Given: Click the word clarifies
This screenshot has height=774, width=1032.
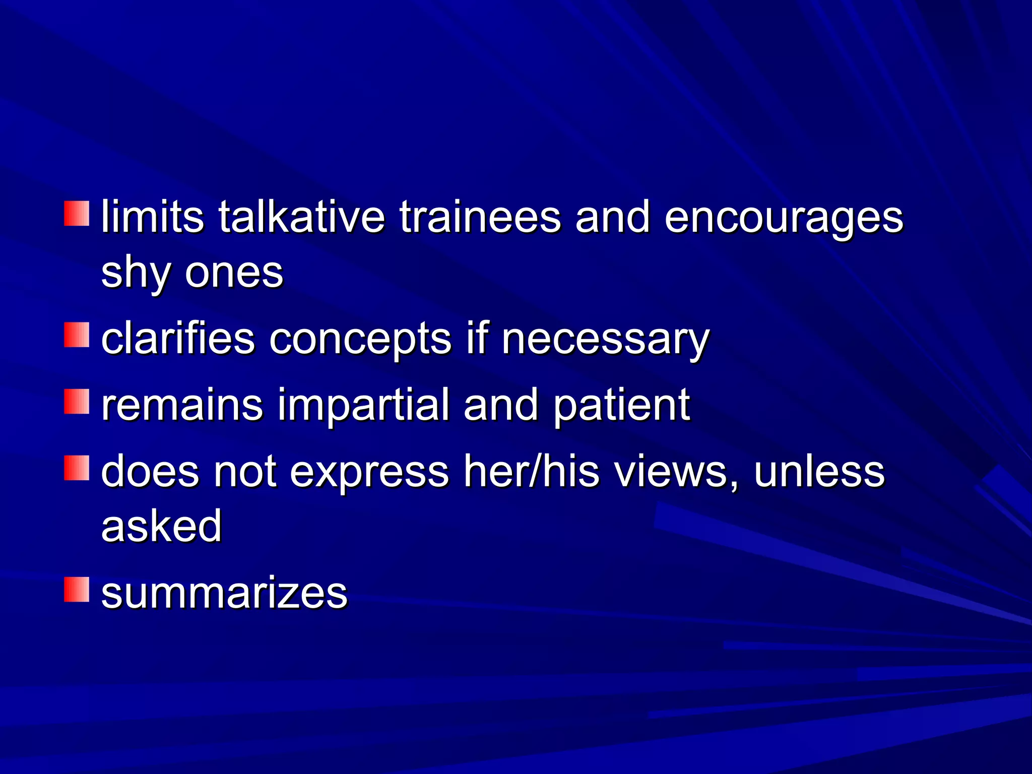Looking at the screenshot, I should pos(178,338).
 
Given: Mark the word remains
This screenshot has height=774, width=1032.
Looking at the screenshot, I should pos(182,405).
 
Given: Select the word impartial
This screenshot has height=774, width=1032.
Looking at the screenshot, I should pos(363,406).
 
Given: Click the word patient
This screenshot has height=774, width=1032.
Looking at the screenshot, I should pos(621,406).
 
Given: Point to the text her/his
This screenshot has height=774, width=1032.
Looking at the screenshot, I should pos(532,471).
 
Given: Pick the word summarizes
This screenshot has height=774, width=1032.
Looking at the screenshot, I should pos(224,593).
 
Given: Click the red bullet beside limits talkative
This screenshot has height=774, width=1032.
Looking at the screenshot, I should pos(77,214).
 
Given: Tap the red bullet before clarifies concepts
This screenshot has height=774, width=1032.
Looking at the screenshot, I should pos(77,335).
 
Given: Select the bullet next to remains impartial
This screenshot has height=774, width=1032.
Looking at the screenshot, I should pos(77,402).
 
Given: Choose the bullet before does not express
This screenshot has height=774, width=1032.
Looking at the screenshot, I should pos(77,468).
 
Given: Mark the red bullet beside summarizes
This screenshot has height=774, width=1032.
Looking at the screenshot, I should pos(77,590).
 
